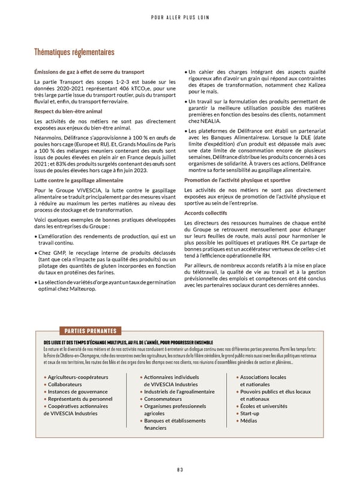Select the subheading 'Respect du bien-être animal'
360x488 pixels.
68,112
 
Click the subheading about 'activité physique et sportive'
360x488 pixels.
241,179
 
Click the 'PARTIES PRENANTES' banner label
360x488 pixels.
89,331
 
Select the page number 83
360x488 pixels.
180,469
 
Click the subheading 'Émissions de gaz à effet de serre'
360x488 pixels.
89,72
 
